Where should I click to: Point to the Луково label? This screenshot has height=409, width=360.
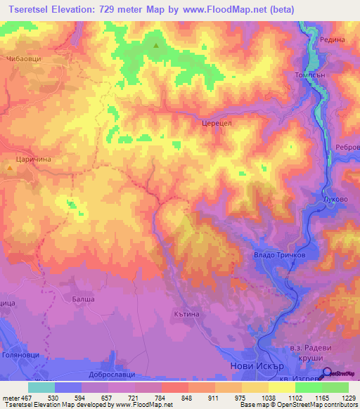(x=335, y=199)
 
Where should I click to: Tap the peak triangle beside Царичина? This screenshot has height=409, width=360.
(x=10, y=168)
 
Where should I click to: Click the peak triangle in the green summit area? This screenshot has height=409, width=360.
(x=155, y=46)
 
